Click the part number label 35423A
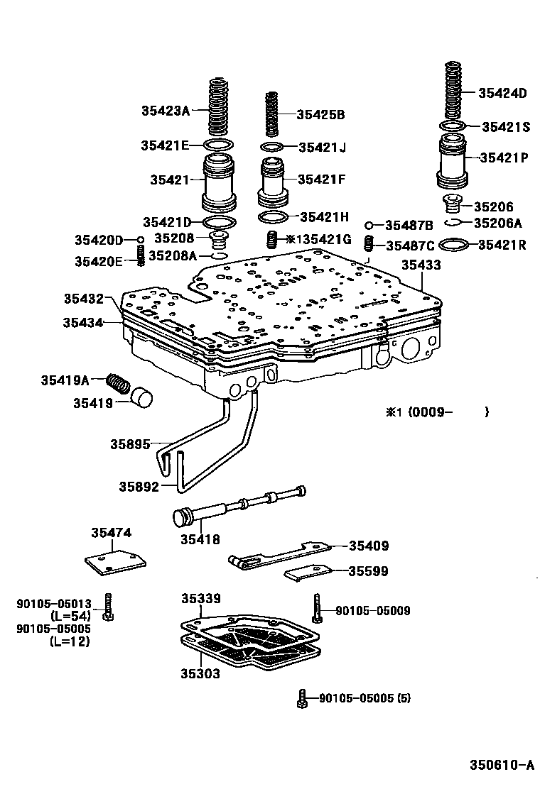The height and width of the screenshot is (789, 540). tap(166, 110)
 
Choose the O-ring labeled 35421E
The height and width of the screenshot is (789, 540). tap(218, 145)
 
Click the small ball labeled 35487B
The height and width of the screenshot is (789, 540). tap(369, 225)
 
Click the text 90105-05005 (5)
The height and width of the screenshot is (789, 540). tap(364, 698)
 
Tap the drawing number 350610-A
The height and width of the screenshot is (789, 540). tap(501, 765)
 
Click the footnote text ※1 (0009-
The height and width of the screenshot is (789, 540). tap(420, 412)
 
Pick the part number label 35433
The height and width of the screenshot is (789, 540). tap(421, 265)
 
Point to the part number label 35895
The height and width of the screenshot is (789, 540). tap(130, 444)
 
